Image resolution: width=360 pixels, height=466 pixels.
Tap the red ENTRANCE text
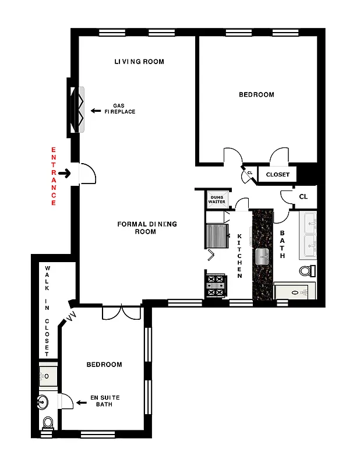[x=54, y=176]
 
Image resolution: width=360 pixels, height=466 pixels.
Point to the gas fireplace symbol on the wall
[x=77, y=111]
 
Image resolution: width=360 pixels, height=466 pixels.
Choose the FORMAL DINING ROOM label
[x=147, y=228]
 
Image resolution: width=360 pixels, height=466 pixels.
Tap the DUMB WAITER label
[x=217, y=200]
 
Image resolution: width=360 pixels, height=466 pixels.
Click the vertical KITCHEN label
[x=239, y=256]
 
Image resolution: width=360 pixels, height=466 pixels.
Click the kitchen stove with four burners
[x=215, y=285]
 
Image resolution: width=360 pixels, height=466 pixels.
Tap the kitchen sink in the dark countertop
[x=262, y=254]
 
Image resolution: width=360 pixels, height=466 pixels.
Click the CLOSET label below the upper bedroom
[x=277, y=175]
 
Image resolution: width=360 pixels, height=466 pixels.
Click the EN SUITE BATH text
[x=105, y=401]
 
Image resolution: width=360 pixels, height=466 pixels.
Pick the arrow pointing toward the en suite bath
[x=81, y=401]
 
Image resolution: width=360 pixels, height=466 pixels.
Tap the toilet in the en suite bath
[x=48, y=422]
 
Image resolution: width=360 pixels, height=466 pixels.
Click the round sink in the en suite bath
[x=41, y=401]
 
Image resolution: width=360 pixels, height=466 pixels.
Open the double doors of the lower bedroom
[x=121, y=313]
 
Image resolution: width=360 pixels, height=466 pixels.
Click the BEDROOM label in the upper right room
[x=256, y=94]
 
